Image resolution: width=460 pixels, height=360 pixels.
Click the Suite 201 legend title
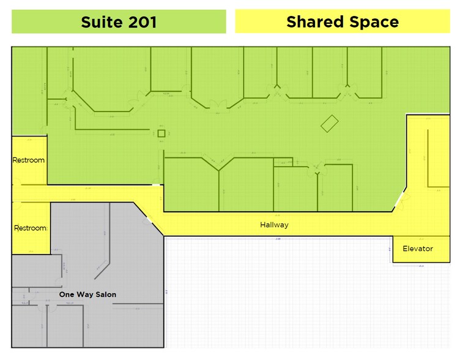119,22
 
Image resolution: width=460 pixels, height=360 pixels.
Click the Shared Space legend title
342,22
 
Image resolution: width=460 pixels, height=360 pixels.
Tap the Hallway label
274,225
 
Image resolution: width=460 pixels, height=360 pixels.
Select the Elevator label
418,249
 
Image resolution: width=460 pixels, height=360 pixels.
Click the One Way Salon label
87,294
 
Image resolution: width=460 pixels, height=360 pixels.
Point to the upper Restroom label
29,160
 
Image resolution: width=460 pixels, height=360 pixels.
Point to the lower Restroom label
30,228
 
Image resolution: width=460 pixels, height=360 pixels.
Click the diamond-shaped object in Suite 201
330,123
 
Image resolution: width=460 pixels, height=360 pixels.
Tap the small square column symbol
161,133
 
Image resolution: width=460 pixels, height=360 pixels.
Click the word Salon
105,294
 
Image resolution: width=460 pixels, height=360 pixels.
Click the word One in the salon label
66,294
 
